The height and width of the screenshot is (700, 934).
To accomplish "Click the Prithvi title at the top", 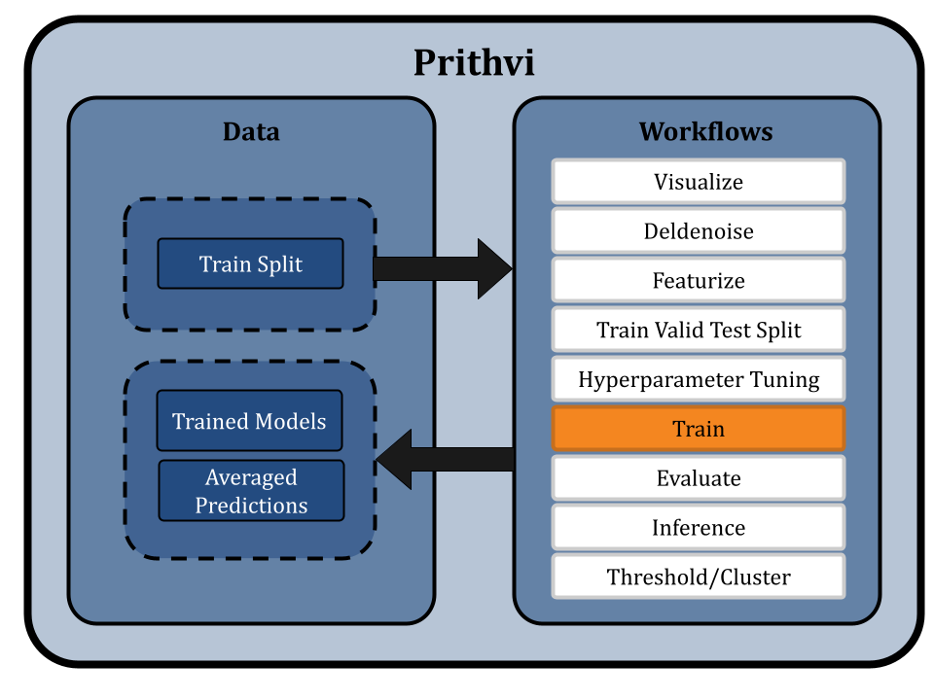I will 474,63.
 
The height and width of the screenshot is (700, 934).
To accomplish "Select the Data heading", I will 251,132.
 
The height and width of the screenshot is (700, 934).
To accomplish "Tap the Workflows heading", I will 705,132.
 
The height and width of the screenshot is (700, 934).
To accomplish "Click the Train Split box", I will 251,264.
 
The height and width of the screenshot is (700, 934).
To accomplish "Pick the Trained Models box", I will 250,422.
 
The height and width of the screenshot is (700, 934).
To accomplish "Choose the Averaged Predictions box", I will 251,491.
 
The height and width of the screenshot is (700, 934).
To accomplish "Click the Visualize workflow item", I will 699,182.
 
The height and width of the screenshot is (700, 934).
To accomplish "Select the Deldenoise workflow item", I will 699,231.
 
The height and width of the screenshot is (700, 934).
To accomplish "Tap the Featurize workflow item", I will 699,281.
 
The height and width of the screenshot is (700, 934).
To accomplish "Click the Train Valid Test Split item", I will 699,331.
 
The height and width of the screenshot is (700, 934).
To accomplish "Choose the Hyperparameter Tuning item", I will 699,380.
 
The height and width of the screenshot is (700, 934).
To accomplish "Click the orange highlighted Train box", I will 699,429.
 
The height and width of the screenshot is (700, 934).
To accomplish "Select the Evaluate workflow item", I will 699,478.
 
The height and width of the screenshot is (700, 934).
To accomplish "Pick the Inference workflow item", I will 699,528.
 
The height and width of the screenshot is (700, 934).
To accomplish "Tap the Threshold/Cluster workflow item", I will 699,577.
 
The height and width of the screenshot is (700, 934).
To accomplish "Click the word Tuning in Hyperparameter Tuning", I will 784,380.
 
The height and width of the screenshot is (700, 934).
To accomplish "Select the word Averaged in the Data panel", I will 251,477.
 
